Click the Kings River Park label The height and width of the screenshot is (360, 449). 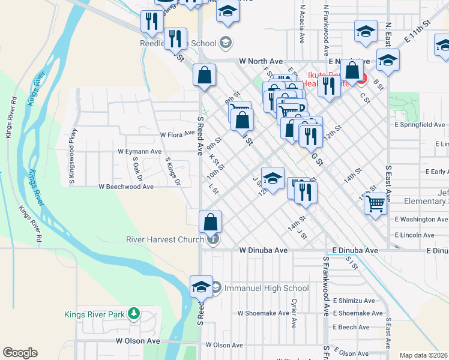tap(95, 314)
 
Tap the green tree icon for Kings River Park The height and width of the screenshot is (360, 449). tap(134, 314)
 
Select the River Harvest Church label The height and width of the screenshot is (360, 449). tap(166, 239)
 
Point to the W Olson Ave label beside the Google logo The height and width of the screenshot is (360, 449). tap(138, 341)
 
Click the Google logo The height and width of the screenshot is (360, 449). tap(20, 353)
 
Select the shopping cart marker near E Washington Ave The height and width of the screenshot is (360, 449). tap(376, 203)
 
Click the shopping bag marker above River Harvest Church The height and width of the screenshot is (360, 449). tap(210, 222)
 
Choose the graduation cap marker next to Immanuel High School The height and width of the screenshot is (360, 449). tap(201, 286)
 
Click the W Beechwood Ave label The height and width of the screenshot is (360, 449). tap(127, 187)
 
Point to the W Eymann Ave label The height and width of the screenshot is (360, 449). tap(139, 152)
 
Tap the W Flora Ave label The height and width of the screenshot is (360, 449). tap(175, 135)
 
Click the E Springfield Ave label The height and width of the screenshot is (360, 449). tap(419, 125)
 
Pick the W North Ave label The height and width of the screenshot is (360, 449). tap(261, 61)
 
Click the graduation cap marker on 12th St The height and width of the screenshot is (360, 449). tap(273, 178)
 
